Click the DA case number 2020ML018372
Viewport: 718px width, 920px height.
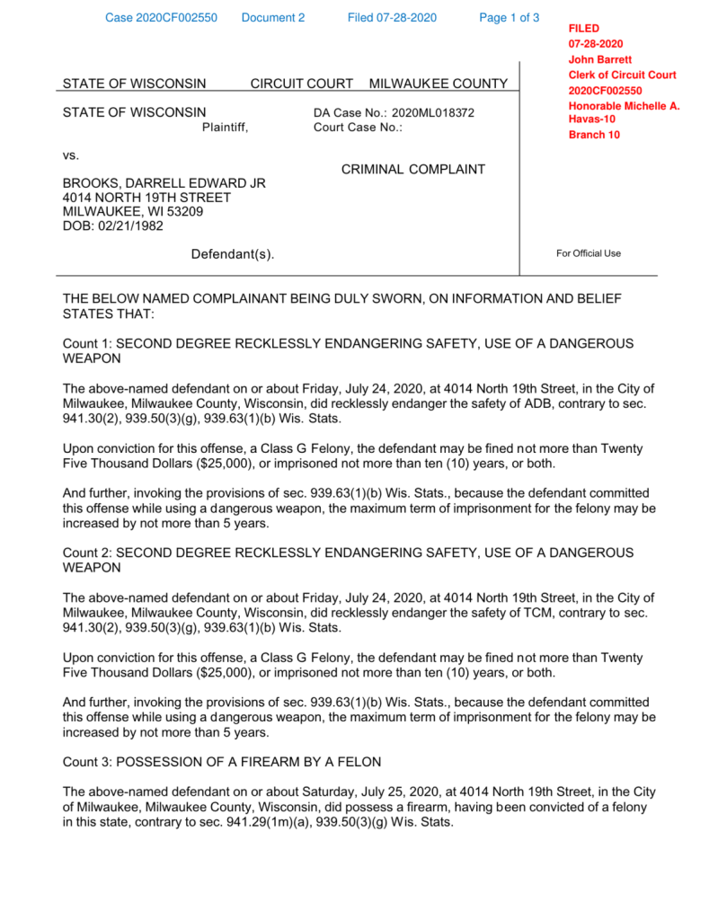[x=433, y=113]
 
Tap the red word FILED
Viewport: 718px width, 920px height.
[x=584, y=29]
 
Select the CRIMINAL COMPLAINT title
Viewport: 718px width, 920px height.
[x=413, y=169]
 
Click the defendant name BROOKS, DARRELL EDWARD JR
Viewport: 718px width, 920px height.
[x=164, y=183]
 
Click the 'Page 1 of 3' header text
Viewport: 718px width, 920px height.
[x=510, y=18]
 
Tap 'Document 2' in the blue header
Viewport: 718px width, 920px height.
[x=273, y=18]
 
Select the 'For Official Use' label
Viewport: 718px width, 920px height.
[x=589, y=253]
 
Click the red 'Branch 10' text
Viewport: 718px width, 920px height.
[x=594, y=136]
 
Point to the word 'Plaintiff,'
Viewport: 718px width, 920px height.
[x=225, y=128]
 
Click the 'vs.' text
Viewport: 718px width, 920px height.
[x=71, y=155]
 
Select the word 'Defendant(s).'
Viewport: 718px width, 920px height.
[x=233, y=254]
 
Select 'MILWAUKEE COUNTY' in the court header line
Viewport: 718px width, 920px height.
[x=439, y=84]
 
